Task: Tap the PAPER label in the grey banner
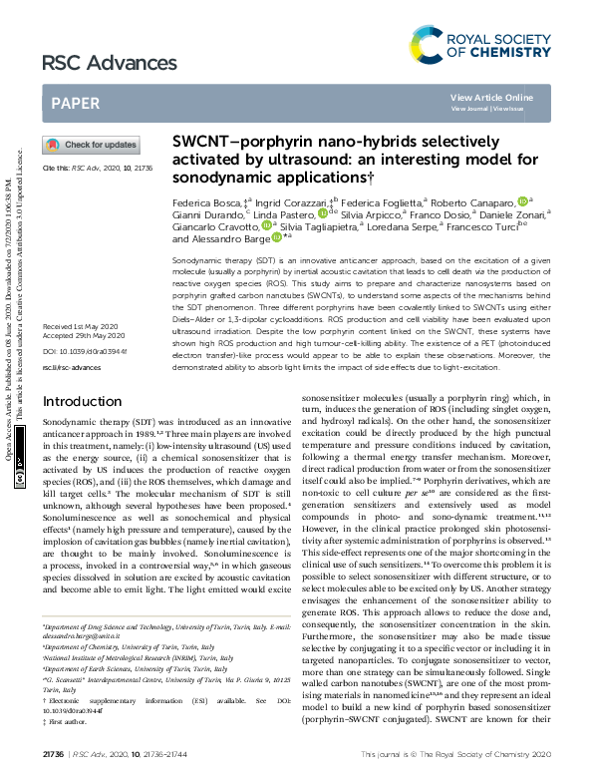pyautogui.click(x=75, y=102)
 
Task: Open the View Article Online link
pyautogui.click(x=491, y=97)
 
